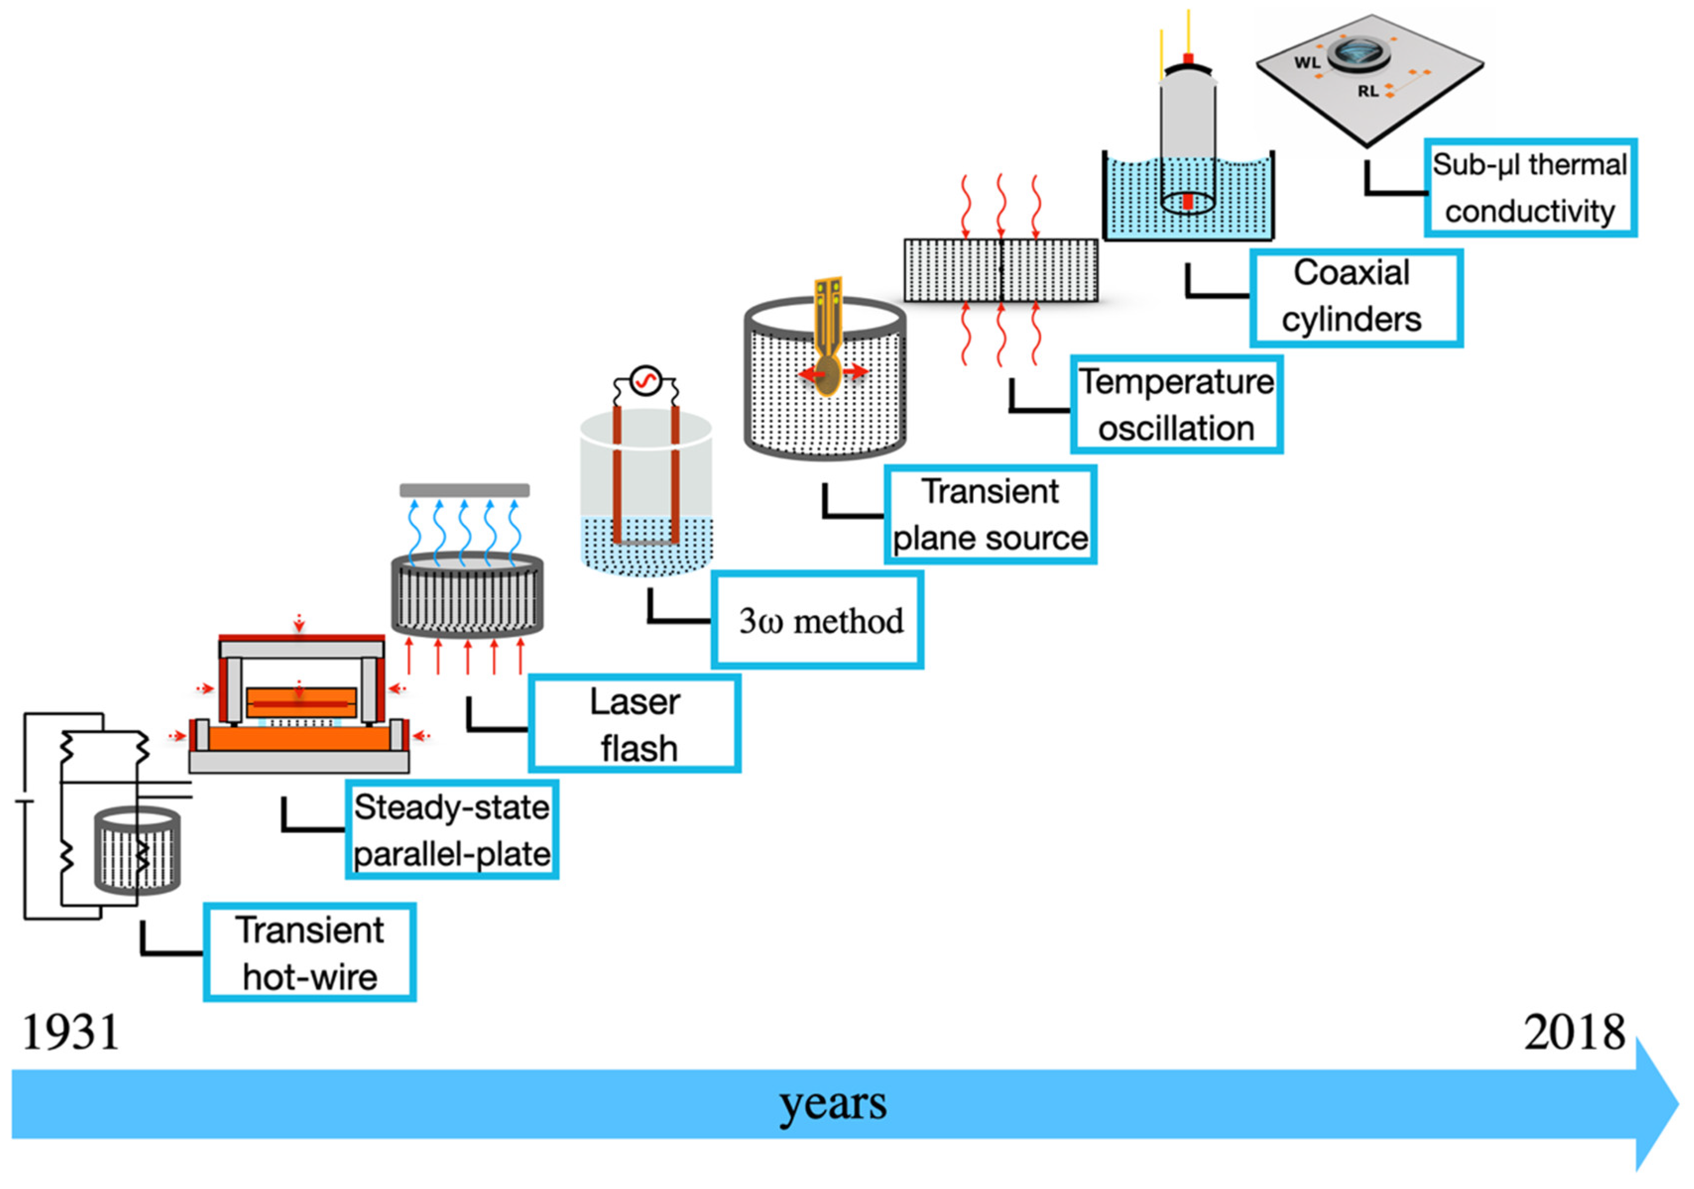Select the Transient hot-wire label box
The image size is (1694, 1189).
pos(309,952)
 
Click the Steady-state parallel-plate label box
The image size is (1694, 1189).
pos(452,830)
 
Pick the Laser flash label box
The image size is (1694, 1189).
pos(635,724)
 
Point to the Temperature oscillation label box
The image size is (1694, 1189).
pos(1177,404)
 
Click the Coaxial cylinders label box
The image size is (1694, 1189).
pos(1356,297)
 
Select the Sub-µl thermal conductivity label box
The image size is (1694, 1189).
pos(1529,187)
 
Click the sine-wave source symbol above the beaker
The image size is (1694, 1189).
pos(645,381)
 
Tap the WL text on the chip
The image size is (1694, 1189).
pos(1307,62)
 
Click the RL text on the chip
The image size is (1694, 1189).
pos(1368,92)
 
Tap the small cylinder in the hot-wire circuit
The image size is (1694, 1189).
pos(137,850)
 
